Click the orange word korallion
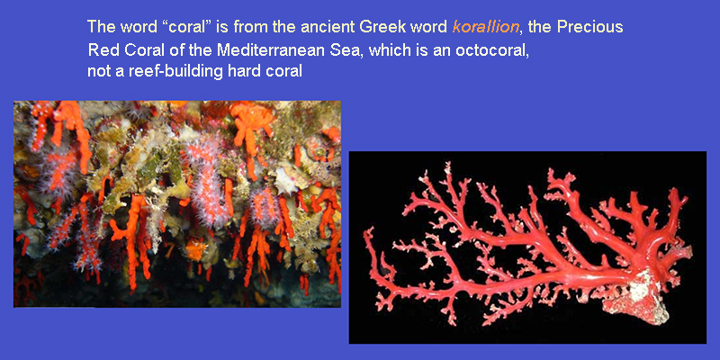tap(486, 27)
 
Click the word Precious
tap(589, 27)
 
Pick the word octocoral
tap(491, 49)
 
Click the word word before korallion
tap(433, 27)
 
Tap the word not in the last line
tap(96, 72)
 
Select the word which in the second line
tap(391, 49)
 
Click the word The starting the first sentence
tap(102, 27)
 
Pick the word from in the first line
tap(250, 27)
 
